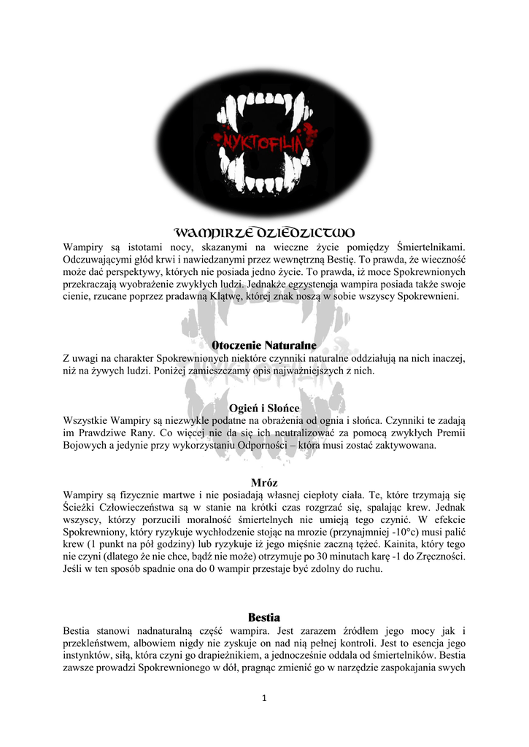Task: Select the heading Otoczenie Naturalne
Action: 264,344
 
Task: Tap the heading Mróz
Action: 264,482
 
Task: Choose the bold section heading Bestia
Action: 264,617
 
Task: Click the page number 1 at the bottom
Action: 264,698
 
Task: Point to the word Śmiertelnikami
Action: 433,247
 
